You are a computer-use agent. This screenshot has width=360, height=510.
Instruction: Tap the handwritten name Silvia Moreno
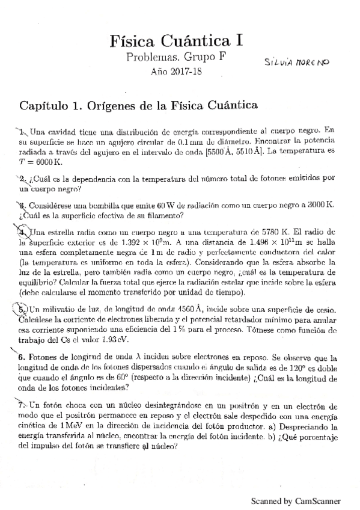coord(298,62)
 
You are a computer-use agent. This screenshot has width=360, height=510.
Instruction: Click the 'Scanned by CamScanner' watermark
coord(295,500)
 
